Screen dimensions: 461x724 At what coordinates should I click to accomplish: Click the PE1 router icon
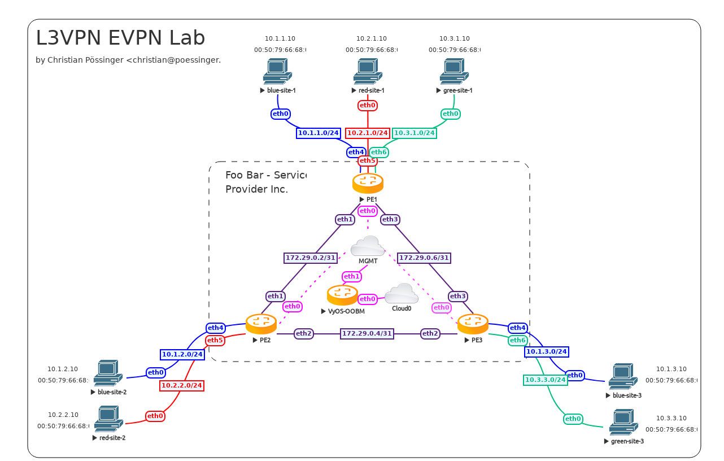click(x=368, y=183)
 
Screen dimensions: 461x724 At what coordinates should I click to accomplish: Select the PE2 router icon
click(x=261, y=324)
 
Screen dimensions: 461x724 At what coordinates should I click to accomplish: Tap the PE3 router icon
click(x=473, y=324)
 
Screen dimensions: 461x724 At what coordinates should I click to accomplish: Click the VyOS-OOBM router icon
click(x=342, y=295)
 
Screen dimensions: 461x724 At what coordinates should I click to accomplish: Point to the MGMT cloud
click(x=368, y=246)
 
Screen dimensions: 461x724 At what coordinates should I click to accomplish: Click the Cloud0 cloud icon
click(x=402, y=293)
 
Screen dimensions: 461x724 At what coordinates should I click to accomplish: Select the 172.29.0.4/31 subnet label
click(x=367, y=334)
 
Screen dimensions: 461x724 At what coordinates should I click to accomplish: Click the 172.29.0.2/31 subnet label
click(x=311, y=258)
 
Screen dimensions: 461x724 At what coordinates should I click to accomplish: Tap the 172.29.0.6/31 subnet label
click(x=424, y=258)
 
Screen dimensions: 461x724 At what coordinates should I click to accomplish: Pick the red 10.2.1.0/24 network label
click(x=368, y=133)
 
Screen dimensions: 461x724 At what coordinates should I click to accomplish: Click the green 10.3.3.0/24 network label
click(x=546, y=380)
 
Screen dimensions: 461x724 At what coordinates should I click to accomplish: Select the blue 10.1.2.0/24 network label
click(x=182, y=355)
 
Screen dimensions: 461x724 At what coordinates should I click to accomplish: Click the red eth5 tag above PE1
click(x=367, y=161)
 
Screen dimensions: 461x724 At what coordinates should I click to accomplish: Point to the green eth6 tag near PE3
click(x=518, y=341)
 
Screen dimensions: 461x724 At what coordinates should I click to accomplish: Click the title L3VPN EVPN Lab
click(x=120, y=38)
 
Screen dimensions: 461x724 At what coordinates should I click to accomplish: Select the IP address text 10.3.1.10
click(x=455, y=39)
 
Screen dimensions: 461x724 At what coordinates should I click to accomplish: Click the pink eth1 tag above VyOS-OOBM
click(x=351, y=277)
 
